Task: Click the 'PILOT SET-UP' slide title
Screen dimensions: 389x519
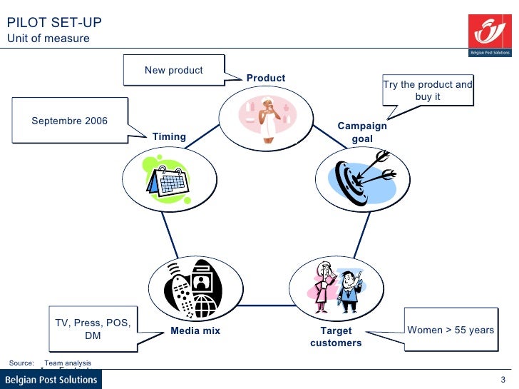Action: (53, 22)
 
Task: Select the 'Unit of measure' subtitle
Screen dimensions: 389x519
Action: (48, 39)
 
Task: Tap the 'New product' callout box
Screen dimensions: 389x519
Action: (174, 70)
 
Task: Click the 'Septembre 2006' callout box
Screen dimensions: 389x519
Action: (70, 121)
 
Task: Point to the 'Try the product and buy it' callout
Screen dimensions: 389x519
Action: (428, 90)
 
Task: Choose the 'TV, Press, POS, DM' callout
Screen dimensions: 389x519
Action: (93, 329)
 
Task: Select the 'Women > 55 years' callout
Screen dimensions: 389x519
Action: (450, 330)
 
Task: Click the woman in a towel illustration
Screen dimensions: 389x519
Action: (266, 116)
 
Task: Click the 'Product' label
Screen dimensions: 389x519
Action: (266, 78)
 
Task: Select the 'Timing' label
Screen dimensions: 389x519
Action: (169, 136)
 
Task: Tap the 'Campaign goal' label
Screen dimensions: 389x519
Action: (362, 132)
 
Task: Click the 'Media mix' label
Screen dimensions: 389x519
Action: (195, 330)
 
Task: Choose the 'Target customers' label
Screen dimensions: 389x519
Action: (336, 337)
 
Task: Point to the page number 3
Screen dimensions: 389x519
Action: (503, 380)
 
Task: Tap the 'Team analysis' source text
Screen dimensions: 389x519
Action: (68, 363)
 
